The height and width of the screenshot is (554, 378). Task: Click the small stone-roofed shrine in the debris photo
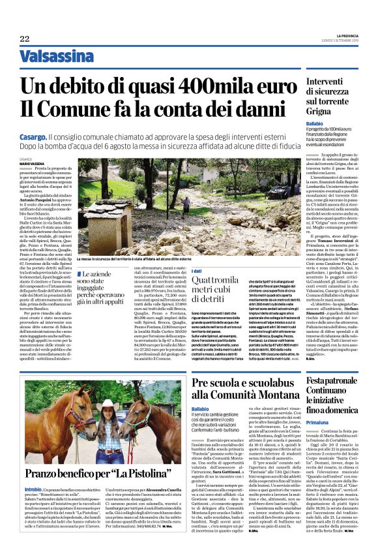(104, 221)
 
